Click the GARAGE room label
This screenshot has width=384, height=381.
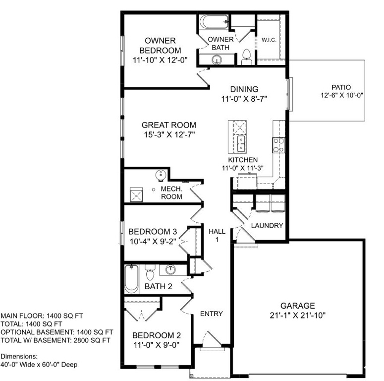coord(298,306)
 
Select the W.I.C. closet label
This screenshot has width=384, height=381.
coord(268,39)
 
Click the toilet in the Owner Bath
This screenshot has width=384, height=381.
coord(246,58)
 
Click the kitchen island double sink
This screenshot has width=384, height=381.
coord(241,144)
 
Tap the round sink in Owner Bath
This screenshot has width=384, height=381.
coord(217,60)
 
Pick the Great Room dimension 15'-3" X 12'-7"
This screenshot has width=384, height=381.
coord(168,135)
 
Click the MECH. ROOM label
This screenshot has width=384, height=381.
coord(172,193)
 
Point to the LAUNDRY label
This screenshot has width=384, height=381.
coord(267,225)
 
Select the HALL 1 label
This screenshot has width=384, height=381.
coord(217,235)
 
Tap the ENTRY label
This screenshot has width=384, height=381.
coord(211,314)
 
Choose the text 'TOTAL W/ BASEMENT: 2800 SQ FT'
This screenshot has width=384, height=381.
coord(55,340)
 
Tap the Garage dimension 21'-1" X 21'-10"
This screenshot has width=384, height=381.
coord(298,315)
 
